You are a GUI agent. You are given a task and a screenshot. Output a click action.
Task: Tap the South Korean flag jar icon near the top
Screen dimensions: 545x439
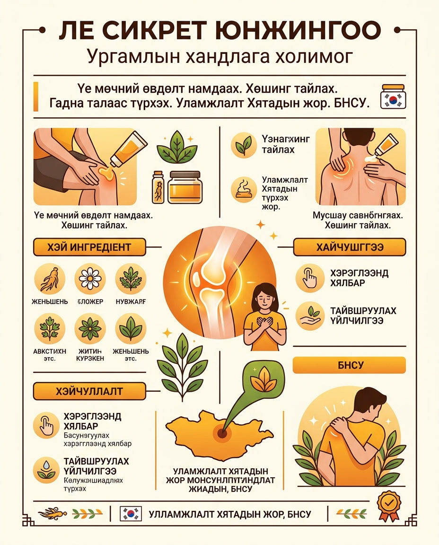point(393,97)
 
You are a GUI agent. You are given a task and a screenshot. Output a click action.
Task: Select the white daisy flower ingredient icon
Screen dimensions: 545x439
point(90,279)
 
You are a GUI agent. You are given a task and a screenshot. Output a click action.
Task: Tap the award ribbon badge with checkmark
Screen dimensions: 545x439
point(388,505)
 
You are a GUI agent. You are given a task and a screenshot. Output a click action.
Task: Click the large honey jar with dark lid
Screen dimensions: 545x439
point(184,187)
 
